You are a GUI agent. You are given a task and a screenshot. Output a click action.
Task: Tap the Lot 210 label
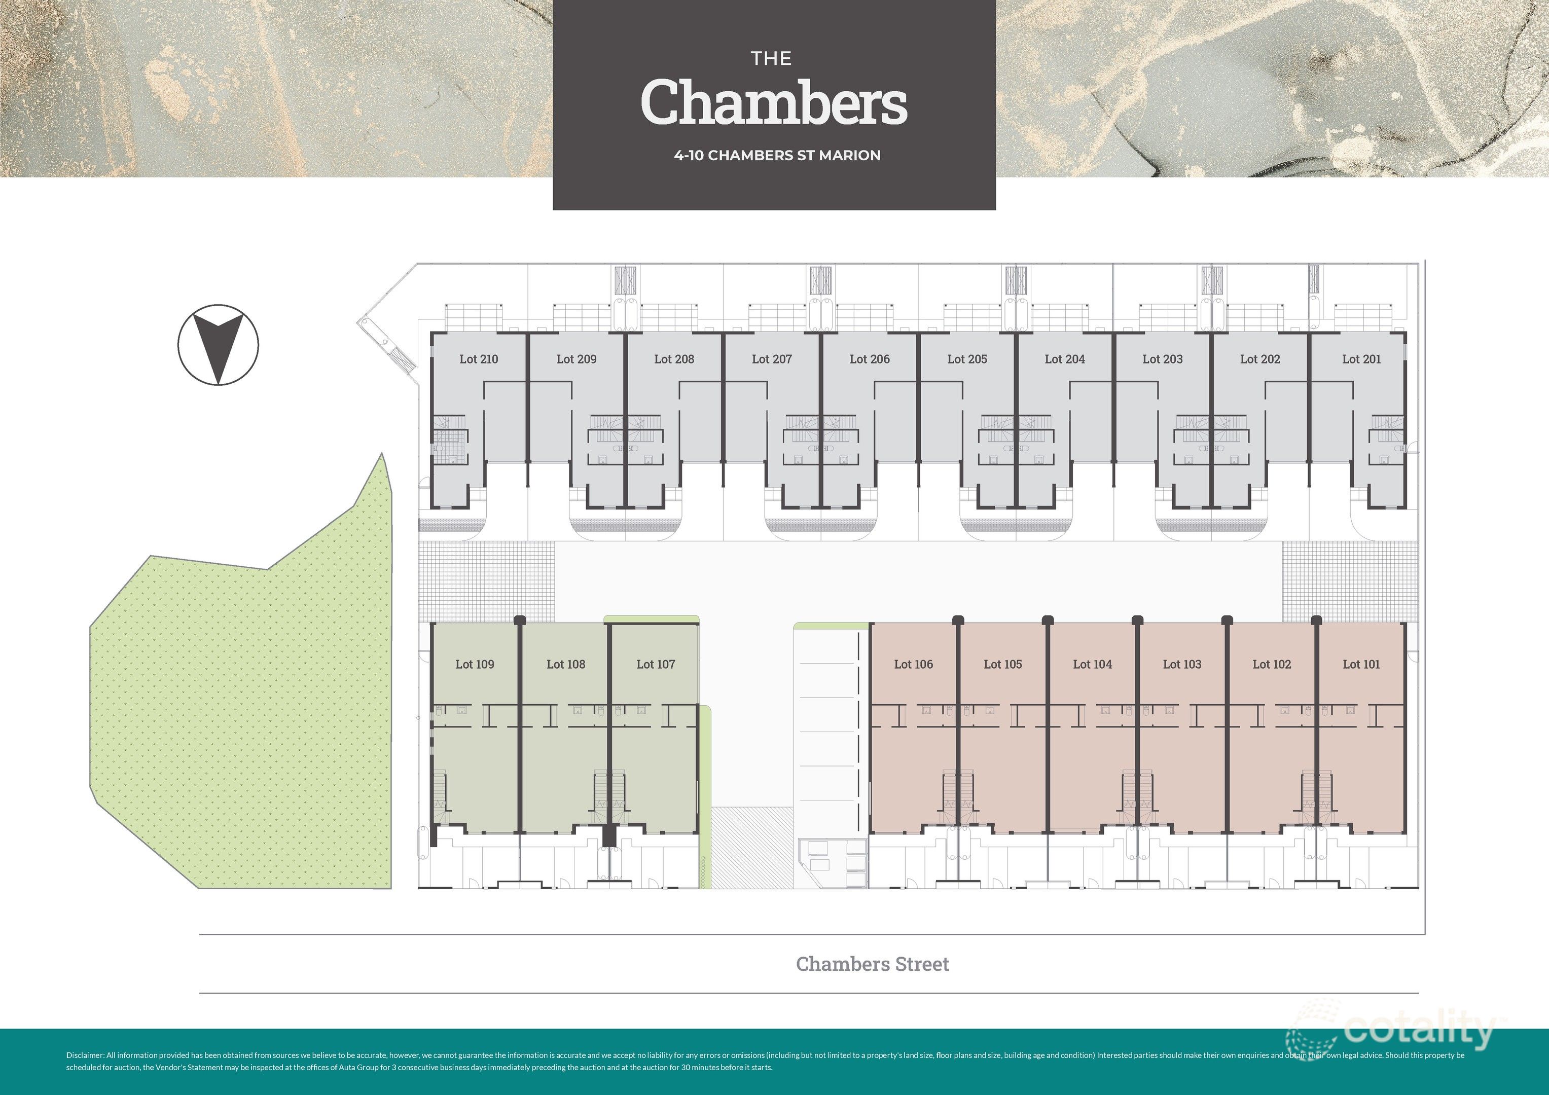pyautogui.click(x=478, y=359)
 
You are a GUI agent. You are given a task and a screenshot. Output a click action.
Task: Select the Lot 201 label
pyautogui.click(x=1361, y=359)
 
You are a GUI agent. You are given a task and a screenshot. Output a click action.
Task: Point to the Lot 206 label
pyautogui.click(x=869, y=359)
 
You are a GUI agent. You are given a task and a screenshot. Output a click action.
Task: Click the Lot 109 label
pyautogui.click(x=474, y=665)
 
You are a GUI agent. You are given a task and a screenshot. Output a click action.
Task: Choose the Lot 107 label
pyautogui.click(x=655, y=665)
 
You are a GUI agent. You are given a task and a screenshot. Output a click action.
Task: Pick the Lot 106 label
pyautogui.click(x=913, y=665)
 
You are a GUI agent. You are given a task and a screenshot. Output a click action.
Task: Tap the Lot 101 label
pyautogui.click(x=1361, y=665)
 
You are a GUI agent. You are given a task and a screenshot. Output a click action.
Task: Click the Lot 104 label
pyautogui.click(x=1092, y=665)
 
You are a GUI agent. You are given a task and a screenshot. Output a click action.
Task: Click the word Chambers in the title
pyautogui.click(x=773, y=102)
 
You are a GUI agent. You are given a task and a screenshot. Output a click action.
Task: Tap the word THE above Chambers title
pyautogui.click(x=771, y=59)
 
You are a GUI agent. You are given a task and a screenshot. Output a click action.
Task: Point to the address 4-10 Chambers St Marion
pyautogui.click(x=776, y=155)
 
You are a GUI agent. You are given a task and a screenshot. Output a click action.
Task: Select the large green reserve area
pyautogui.click(x=243, y=715)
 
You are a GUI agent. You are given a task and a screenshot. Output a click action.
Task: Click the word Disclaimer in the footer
pyautogui.click(x=85, y=1055)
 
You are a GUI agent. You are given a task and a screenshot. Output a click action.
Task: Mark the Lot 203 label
pyautogui.click(x=1162, y=359)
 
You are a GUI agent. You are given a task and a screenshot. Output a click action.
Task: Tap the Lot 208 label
pyautogui.click(x=673, y=359)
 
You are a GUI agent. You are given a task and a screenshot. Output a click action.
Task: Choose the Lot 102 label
pyautogui.click(x=1271, y=665)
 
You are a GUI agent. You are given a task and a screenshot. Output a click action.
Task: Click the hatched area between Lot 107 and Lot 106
pyautogui.click(x=752, y=847)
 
